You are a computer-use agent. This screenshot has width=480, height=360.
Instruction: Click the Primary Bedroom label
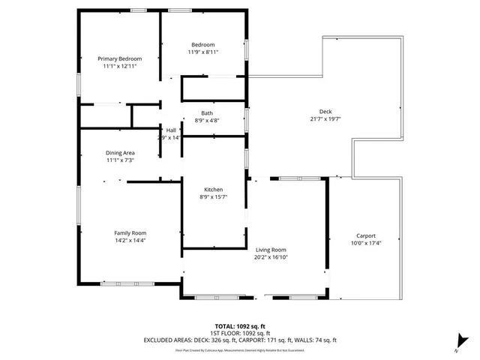pyautogui.click(x=120, y=58)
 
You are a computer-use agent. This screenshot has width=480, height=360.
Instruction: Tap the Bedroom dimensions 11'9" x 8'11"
pyautogui.click(x=202, y=52)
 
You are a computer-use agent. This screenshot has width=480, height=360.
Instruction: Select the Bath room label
pyautogui.click(x=206, y=112)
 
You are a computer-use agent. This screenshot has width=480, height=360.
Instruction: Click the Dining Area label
pyautogui.click(x=120, y=152)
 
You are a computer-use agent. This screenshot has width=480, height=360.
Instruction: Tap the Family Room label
pyautogui.click(x=129, y=232)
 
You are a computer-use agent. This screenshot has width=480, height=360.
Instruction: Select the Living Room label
pyautogui.click(x=271, y=250)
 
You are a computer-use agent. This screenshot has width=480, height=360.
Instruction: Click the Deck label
pyautogui.click(x=325, y=111)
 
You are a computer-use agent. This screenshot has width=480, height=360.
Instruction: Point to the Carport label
pyautogui.click(x=366, y=235)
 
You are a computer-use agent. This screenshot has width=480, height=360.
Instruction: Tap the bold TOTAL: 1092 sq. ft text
pyautogui.click(x=240, y=326)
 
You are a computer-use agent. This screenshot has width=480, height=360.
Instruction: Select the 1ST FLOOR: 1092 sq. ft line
pyautogui.click(x=240, y=333)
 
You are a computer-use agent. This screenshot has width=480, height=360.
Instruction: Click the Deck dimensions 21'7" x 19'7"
pyautogui.click(x=325, y=118)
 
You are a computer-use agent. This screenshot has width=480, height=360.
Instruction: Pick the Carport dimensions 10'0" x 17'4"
pyautogui.click(x=366, y=243)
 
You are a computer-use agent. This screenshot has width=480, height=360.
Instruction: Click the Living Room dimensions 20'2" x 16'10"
pyautogui.click(x=271, y=257)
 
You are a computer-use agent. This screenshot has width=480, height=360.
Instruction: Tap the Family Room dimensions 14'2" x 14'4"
pyautogui.click(x=129, y=240)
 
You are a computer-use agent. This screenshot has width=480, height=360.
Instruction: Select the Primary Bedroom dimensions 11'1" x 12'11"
pyautogui.click(x=120, y=66)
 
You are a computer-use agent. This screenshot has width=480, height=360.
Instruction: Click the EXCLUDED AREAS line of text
pyautogui.click(x=240, y=340)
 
